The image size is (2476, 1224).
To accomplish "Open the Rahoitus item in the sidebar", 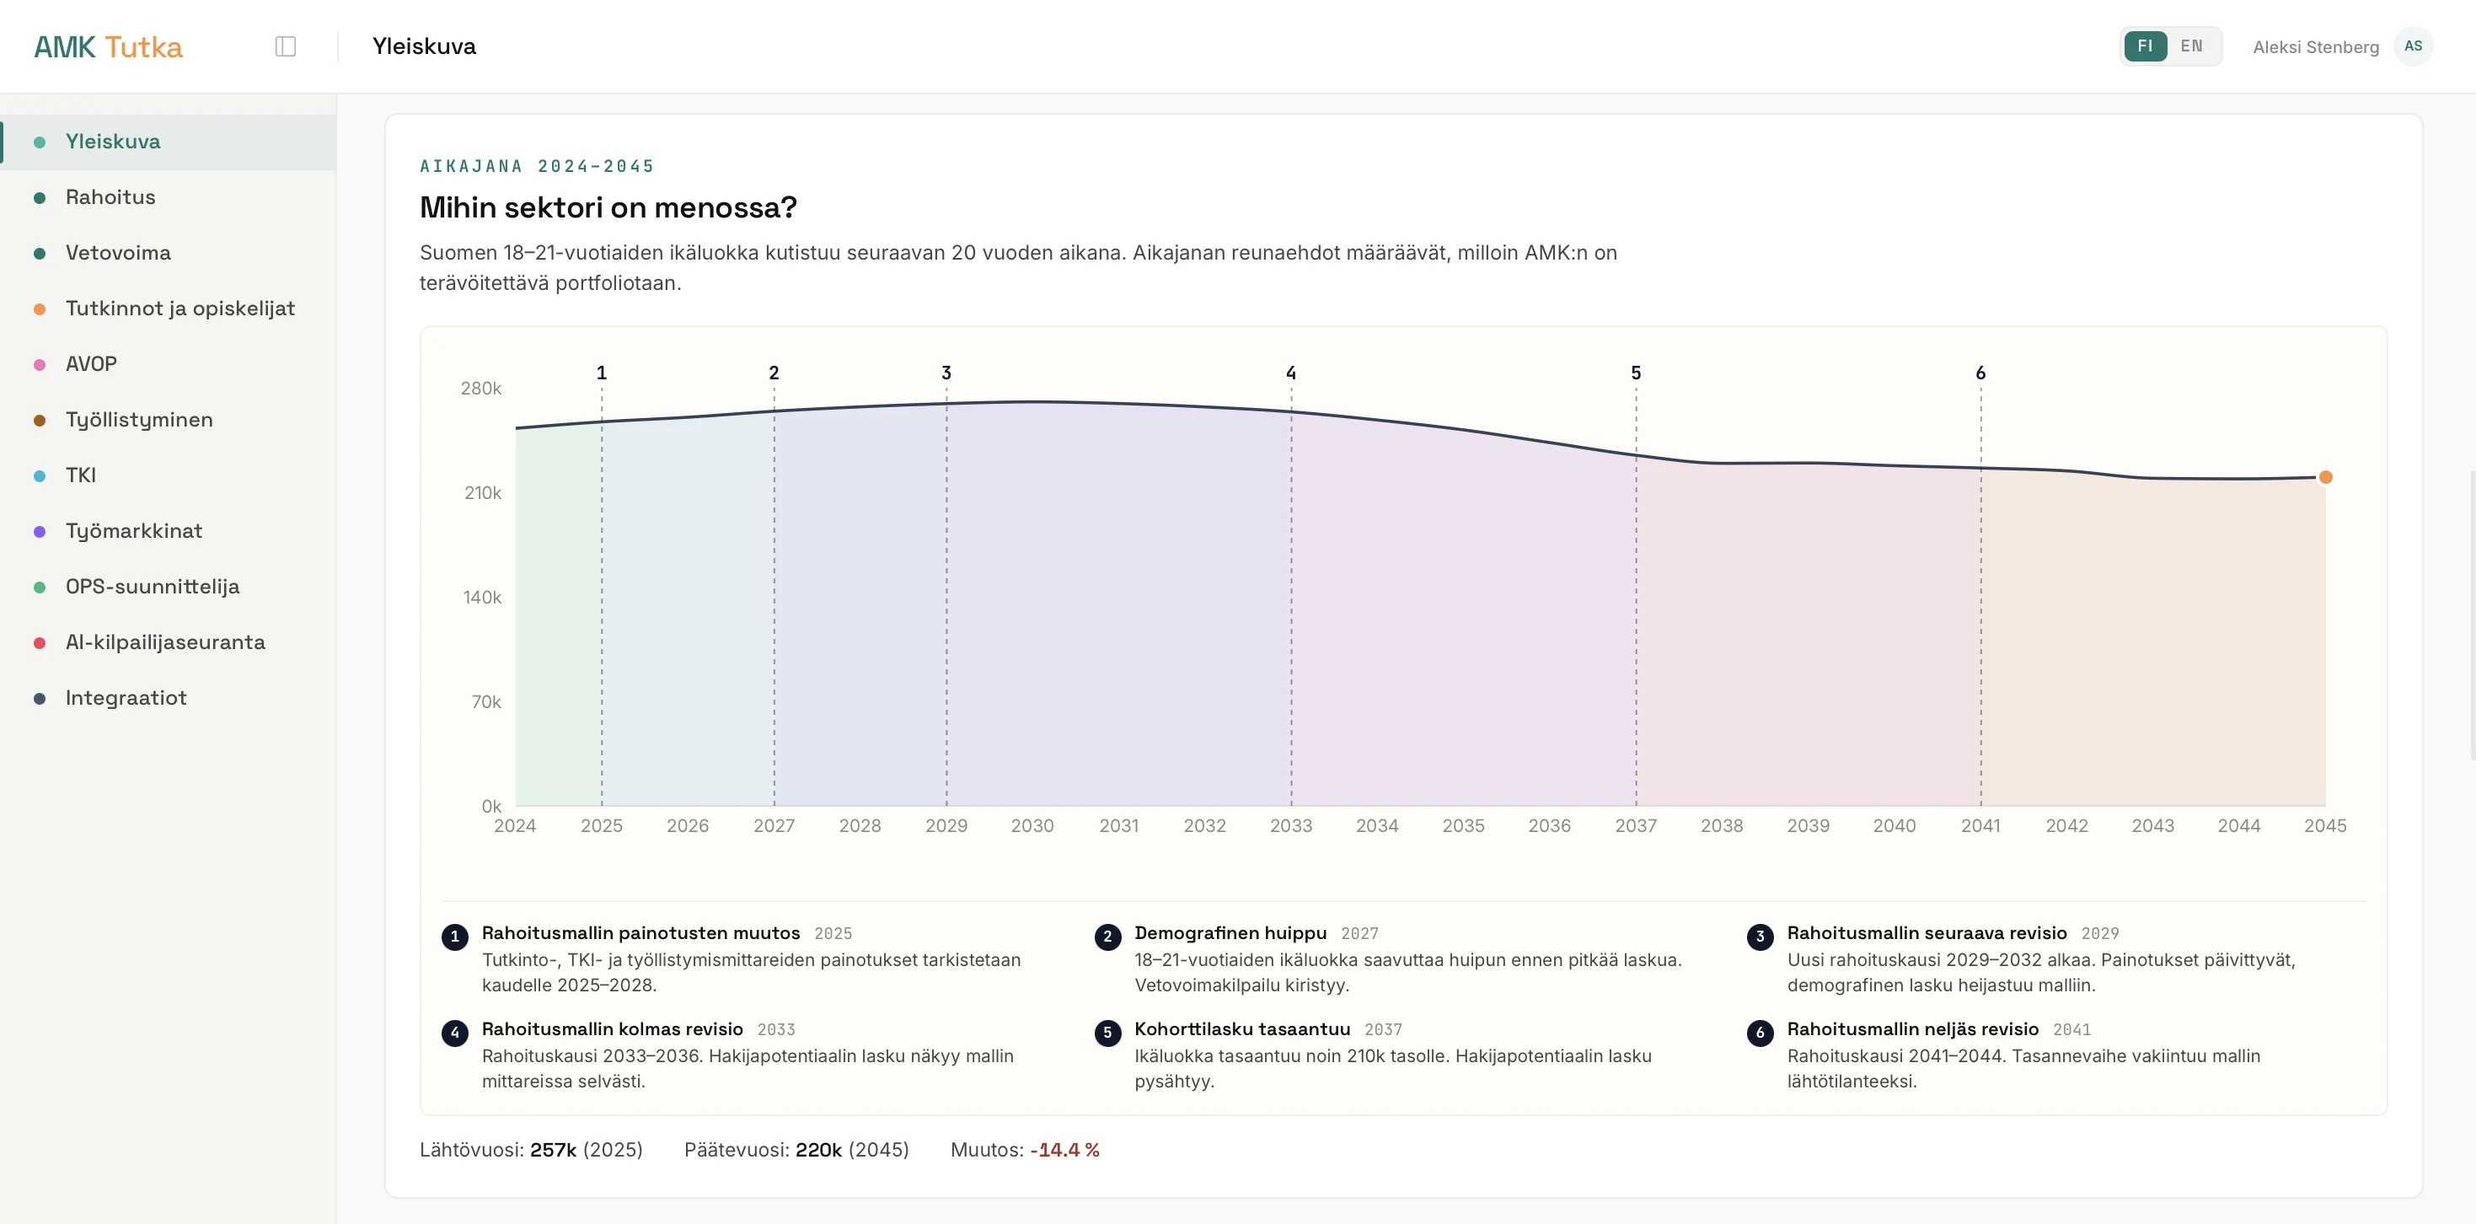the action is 110,197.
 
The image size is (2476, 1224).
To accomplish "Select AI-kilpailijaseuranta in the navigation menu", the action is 164,642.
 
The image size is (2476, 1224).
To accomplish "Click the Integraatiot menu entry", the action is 126,698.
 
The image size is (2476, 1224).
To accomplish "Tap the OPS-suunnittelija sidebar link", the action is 152,587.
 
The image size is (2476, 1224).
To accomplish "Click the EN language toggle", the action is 2191,46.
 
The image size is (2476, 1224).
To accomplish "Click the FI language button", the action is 2146,46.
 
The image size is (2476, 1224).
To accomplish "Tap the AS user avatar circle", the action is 2413,46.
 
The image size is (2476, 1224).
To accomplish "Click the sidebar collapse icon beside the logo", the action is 286,46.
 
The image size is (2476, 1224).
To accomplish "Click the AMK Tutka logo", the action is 108,47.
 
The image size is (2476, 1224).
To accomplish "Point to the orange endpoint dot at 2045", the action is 2325,477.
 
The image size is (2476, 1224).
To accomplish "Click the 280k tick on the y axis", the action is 480,389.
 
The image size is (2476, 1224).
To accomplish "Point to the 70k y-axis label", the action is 486,702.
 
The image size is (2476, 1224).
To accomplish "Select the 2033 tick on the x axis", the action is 1291,826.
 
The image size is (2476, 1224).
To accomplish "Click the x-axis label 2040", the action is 1895,826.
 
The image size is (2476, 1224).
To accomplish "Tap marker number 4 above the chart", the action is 1291,372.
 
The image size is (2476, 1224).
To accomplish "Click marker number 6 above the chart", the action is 1980,372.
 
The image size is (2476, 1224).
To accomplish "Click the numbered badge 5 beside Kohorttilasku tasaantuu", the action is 1107,1033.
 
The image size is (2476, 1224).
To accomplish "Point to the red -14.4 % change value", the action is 1065,1150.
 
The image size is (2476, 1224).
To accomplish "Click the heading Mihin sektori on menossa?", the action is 608,207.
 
